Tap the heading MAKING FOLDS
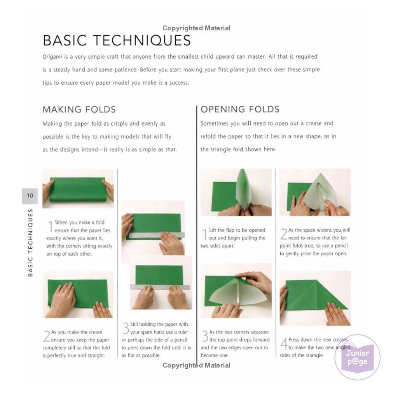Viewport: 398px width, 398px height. [x=79, y=109]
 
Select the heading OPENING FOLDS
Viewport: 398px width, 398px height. [x=240, y=109]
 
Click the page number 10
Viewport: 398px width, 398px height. [x=30, y=196]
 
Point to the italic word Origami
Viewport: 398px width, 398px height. [x=52, y=57]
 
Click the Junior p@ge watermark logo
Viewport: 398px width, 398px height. [x=358, y=357]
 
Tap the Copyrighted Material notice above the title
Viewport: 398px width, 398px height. [x=196, y=28]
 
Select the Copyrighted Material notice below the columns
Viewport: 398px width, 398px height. [x=196, y=365]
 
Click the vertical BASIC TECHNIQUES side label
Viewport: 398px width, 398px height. [x=30, y=243]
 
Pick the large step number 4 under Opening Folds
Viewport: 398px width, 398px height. [x=284, y=344]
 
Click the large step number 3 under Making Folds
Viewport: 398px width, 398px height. [x=126, y=328]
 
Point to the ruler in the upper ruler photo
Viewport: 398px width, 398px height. [x=157, y=235]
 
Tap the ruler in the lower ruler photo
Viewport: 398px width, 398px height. [x=160, y=287]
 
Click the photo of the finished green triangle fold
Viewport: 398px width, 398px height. [x=315, y=298]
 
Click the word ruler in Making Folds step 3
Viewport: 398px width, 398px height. [x=182, y=332]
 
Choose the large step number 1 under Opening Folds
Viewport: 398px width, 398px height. [x=204, y=234]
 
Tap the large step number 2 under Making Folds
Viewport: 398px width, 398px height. [x=47, y=336]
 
